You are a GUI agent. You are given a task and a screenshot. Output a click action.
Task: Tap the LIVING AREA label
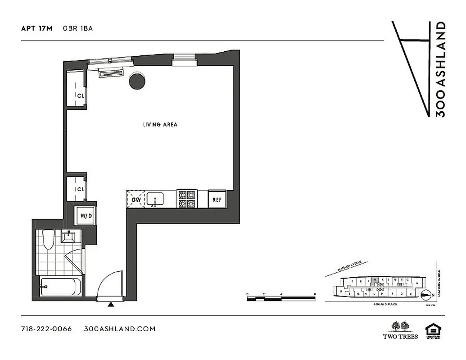click(x=160, y=124)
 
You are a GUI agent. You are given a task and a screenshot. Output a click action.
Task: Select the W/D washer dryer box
click(x=86, y=216)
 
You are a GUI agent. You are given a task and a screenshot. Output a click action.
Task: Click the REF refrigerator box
click(x=217, y=199)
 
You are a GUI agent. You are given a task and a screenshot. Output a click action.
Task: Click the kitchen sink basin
click(x=155, y=198)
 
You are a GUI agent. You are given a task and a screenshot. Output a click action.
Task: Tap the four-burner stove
click(x=187, y=199)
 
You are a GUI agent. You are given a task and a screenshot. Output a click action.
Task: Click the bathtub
click(x=61, y=286)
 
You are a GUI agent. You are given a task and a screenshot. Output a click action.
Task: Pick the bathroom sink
click(x=70, y=236)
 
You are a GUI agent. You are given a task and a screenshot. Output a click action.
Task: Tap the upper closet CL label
click(x=81, y=95)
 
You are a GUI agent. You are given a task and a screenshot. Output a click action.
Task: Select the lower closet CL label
click(x=81, y=189)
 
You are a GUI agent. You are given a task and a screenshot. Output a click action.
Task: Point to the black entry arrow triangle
click(x=111, y=305)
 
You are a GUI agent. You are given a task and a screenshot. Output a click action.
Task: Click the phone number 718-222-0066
click(x=46, y=328)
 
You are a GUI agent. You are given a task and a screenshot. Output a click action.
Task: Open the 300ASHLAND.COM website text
click(x=120, y=328)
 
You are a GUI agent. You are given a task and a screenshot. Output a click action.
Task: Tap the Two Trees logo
click(x=400, y=330)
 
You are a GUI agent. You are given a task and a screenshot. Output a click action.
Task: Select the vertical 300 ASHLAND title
click(x=441, y=69)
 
